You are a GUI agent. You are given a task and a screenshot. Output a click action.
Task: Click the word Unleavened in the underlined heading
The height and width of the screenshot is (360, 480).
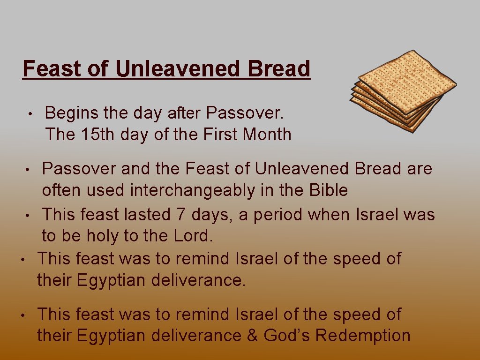[177, 68]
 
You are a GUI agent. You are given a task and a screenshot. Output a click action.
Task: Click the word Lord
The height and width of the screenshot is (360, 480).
[192, 236]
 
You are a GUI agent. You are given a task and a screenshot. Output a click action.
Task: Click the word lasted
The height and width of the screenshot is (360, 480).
[147, 215]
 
